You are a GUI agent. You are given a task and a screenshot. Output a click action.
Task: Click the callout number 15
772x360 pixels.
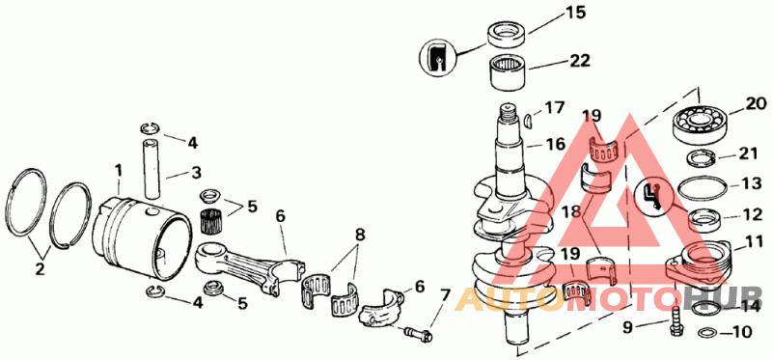[574, 13]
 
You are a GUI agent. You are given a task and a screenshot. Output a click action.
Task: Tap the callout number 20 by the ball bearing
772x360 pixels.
[756, 103]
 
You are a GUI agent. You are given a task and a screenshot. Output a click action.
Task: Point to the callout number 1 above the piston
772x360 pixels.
[118, 172]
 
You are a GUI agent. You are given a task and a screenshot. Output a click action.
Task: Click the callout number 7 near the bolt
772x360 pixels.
[445, 295]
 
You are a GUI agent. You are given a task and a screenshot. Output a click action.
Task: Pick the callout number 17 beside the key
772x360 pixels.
[554, 108]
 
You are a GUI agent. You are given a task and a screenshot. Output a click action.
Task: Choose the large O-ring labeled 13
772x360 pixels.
[703, 187]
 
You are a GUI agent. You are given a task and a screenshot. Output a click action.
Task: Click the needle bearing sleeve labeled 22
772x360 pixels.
[507, 74]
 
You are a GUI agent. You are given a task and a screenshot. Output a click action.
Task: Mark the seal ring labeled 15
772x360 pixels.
[507, 35]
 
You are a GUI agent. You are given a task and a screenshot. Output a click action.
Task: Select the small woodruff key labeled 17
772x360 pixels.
[529, 122]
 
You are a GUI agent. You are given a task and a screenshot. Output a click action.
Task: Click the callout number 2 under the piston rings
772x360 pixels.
[39, 269]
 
